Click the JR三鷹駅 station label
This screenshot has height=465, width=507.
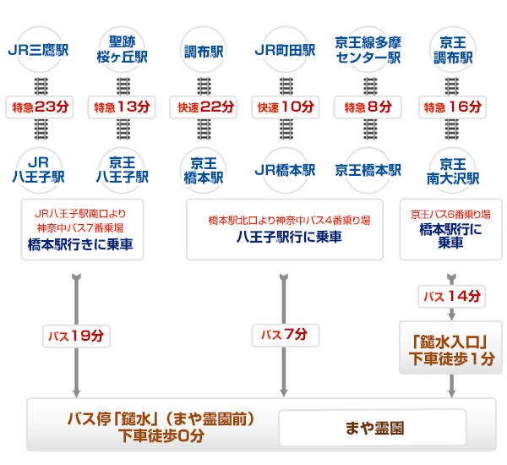coord(38,50)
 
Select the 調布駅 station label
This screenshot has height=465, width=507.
coord(203,50)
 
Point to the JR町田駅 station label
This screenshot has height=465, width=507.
coord(285,50)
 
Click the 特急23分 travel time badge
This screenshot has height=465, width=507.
coord(38,107)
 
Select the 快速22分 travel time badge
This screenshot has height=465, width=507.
coord(203,107)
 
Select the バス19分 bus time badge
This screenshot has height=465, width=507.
coord(77,336)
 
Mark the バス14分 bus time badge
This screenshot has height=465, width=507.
coord(451,297)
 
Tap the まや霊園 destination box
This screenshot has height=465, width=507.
coord(373,428)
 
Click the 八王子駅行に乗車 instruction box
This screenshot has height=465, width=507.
coord(288,230)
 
